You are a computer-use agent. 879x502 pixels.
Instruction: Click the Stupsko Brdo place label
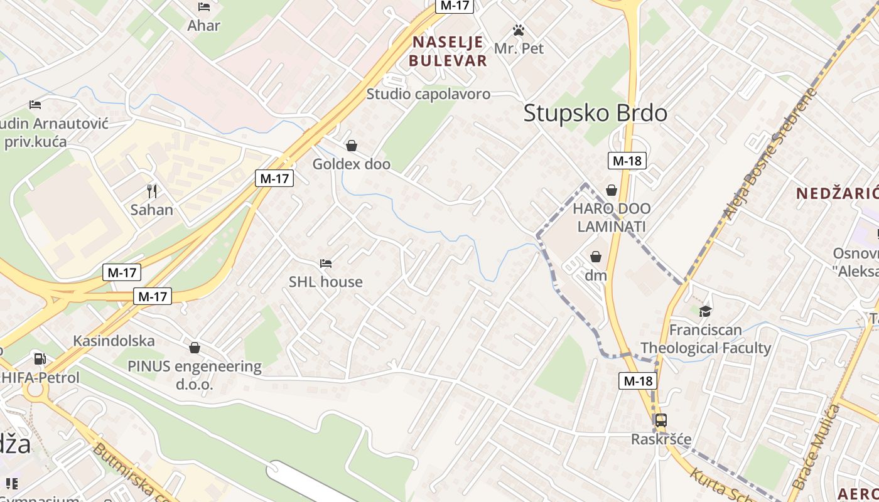(x=595, y=113)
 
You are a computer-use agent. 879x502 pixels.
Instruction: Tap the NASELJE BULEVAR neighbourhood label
(x=448, y=51)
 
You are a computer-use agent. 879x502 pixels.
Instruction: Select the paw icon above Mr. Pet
(x=518, y=30)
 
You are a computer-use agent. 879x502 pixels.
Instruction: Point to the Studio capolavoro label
(x=428, y=94)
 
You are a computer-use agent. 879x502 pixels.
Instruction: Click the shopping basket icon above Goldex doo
(x=352, y=146)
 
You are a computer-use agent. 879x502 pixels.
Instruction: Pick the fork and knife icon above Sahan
(x=151, y=191)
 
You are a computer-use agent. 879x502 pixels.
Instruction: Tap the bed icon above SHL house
(x=325, y=263)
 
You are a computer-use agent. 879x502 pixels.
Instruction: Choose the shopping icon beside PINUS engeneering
(x=195, y=348)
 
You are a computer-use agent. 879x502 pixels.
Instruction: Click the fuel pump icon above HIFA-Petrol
(x=40, y=359)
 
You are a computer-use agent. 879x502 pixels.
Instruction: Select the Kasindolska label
(x=114, y=341)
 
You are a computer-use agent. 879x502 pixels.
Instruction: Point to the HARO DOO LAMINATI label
(x=612, y=217)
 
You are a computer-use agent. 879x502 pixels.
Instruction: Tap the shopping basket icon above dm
(x=595, y=257)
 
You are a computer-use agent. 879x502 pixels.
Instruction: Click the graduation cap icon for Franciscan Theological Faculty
(x=706, y=311)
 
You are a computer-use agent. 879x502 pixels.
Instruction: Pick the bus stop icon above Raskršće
(x=661, y=420)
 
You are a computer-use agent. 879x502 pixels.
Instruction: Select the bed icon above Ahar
(x=204, y=7)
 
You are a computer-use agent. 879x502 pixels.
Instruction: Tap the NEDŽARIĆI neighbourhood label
(x=838, y=193)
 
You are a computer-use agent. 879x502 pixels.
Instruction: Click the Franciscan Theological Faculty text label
(x=705, y=339)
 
